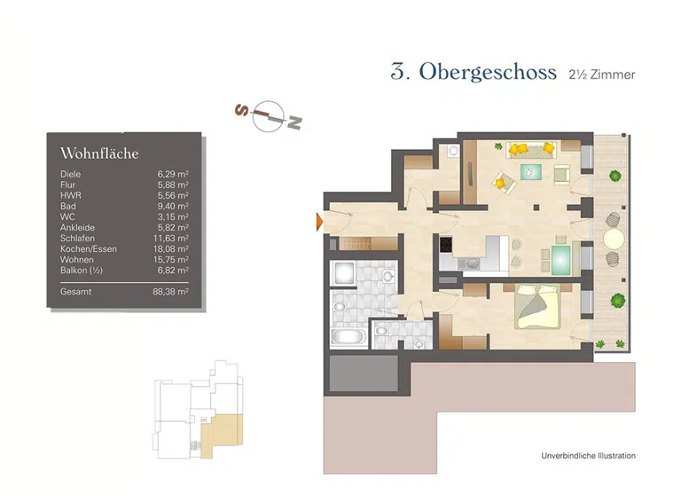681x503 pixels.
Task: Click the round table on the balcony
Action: pyautogui.click(x=614, y=239)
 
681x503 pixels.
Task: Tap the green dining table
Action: pyautogui.click(x=560, y=258)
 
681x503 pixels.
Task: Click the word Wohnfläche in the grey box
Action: pyautogui.click(x=98, y=153)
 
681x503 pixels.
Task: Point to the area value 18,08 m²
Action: pyautogui.click(x=173, y=248)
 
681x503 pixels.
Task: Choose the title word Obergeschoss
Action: pyautogui.click(x=488, y=73)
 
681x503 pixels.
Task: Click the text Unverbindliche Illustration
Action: pyautogui.click(x=588, y=456)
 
